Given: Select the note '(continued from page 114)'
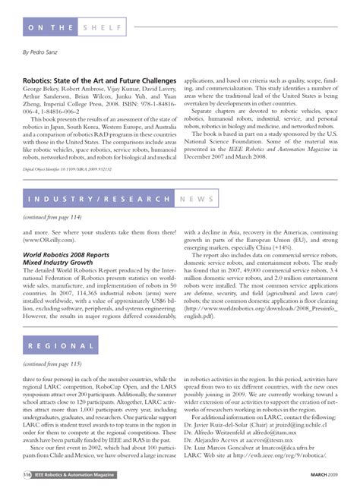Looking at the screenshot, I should pyautogui.click(x=52, y=216).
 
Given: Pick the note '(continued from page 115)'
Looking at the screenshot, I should pyautogui.click(x=52, y=364).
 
